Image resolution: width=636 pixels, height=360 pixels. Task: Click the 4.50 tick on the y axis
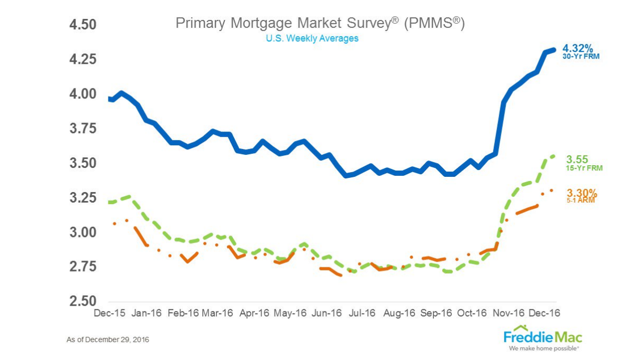(x=83, y=25)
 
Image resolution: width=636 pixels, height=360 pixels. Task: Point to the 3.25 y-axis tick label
(x=83, y=198)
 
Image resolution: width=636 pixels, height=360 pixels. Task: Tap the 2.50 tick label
(x=83, y=302)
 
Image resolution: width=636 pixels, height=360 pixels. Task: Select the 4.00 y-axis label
(x=83, y=94)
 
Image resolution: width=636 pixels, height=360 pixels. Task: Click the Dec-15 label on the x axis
(x=109, y=313)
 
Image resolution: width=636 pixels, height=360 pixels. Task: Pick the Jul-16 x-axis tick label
(x=363, y=313)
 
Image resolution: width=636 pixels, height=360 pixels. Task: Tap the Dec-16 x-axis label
(x=544, y=313)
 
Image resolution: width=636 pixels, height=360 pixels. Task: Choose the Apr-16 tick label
(x=254, y=313)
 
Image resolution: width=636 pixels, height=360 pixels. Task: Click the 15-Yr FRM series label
(x=584, y=168)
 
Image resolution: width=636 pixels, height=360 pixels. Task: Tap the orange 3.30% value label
(x=582, y=193)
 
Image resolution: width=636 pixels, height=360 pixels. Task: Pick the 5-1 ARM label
(x=581, y=201)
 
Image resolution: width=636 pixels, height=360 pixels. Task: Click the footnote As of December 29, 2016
(x=107, y=339)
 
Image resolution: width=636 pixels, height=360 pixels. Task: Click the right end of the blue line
(x=553, y=50)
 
